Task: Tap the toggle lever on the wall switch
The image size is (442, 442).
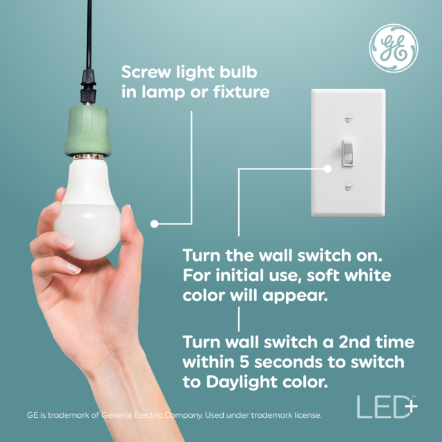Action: (x=349, y=152)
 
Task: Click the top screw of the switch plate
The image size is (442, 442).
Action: (x=349, y=118)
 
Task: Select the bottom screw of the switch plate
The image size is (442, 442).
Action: (x=349, y=185)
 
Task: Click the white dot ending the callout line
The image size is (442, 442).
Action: (x=155, y=223)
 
